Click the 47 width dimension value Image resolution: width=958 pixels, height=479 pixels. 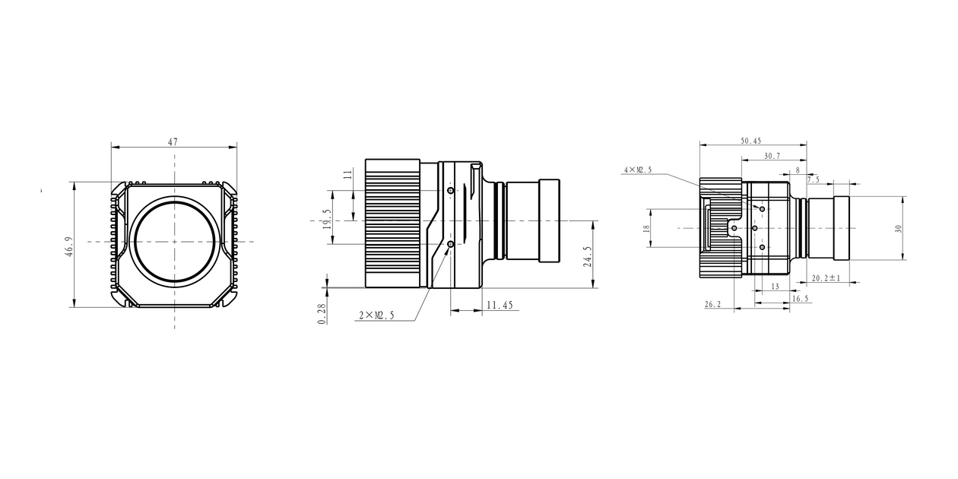point(173,141)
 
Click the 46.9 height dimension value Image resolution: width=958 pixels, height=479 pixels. point(68,247)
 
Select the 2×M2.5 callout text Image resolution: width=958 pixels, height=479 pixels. point(376,316)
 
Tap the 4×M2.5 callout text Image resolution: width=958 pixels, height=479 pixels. point(638,170)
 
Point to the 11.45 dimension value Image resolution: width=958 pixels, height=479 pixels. point(500,305)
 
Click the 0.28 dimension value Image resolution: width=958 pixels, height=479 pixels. point(322,314)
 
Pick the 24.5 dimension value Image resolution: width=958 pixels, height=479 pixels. point(586,255)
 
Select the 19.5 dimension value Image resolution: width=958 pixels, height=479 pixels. point(327,219)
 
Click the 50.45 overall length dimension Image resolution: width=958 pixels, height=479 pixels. point(750,141)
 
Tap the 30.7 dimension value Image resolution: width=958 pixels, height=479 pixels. point(772,156)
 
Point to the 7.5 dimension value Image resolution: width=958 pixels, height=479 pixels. point(813,180)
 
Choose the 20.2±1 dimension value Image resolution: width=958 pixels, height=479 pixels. point(825,278)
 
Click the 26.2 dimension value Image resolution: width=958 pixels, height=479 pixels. point(713,304)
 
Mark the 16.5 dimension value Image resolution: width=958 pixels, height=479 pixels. point(801,299)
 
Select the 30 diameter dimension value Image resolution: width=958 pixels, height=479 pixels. point(898,228)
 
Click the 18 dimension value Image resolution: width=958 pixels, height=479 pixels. point(646,228)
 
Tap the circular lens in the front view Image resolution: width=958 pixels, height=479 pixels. point(174,241)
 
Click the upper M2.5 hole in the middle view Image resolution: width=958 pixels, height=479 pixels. point(451,190)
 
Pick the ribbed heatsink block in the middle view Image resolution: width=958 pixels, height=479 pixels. point(392,224)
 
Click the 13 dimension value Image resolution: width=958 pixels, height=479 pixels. point(775,287)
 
